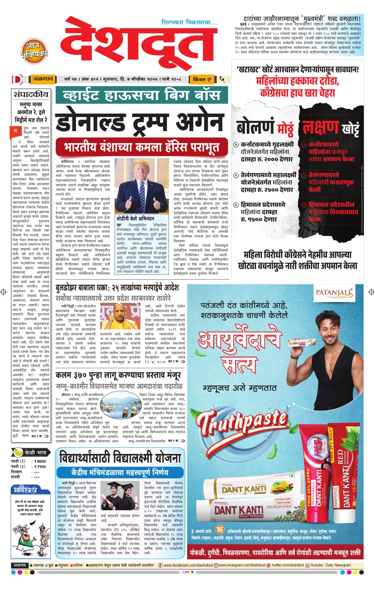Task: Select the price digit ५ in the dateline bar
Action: [x=222, y=79]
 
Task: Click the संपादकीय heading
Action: [x=31, y=94]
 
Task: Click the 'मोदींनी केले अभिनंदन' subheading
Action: [x=135, y=218]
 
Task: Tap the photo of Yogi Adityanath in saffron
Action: [x=120, y=316]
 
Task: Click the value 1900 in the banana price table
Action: [x=40, y=461]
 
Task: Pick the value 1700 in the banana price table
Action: [x=40, y=467]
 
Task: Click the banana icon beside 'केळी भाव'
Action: [x=18, y=452]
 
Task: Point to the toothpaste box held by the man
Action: [x=302, y=343]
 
